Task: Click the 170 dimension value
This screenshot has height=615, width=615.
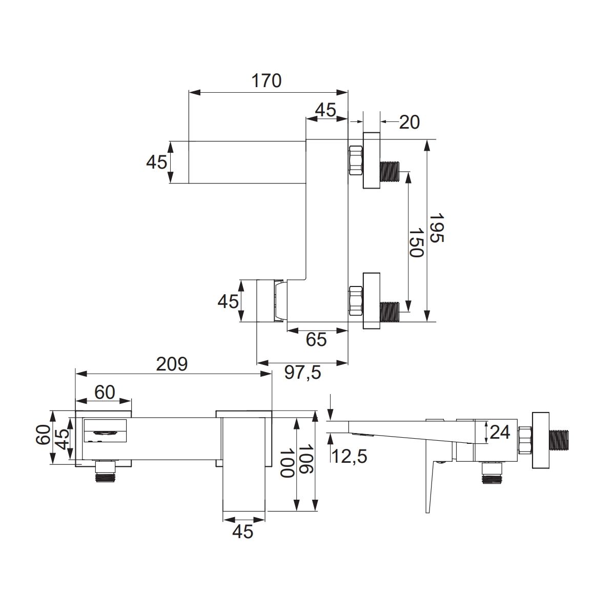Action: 266,81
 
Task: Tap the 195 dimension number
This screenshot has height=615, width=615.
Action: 436,228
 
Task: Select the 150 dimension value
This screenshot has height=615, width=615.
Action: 416,242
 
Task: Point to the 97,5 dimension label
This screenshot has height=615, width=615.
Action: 302,373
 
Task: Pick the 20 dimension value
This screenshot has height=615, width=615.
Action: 409,122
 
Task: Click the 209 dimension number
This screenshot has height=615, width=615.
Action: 172,364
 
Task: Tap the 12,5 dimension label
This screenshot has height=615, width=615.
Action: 349,456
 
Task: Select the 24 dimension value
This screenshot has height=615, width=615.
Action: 500,433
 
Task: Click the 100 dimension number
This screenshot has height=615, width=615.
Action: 286,463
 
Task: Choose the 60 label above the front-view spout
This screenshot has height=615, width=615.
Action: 105,392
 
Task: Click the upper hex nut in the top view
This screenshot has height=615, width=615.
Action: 356,160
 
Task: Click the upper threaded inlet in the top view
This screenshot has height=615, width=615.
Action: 389,172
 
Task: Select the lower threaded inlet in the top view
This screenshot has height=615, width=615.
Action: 389,312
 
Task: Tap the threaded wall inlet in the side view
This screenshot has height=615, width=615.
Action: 560,441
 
